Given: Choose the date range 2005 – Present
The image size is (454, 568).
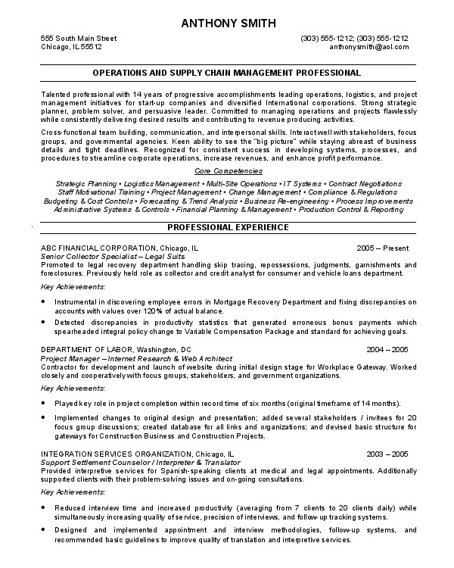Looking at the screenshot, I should pyautogui.click(x=383, y=248).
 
